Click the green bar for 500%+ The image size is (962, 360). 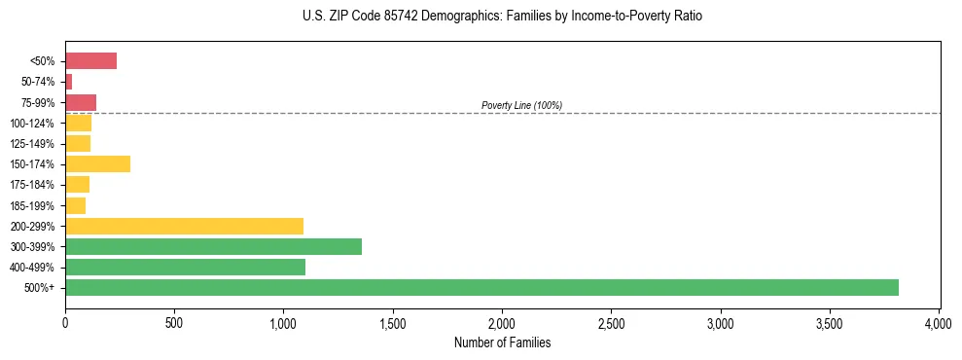(481, 287)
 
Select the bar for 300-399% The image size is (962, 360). (213, 246)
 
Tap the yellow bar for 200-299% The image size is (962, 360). (184, 226)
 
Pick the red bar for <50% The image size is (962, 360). (90, 61)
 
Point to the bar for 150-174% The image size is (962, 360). (97, 163)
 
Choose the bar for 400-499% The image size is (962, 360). (185, 267)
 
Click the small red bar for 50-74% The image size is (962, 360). (69, 82)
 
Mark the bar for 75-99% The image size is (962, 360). (81, 102)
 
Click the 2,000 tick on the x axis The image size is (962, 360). (502, 322)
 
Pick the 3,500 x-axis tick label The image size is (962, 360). (830, 322)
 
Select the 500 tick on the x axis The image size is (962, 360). (174, 322)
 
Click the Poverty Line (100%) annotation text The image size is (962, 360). (521, 105)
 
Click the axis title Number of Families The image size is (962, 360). (502, 342)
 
